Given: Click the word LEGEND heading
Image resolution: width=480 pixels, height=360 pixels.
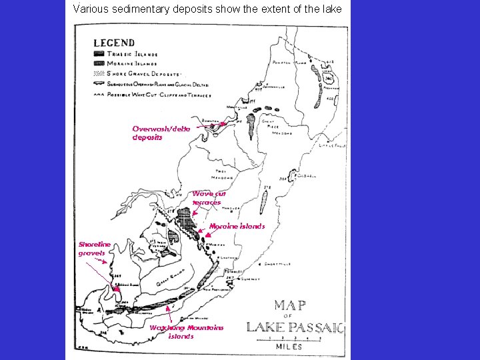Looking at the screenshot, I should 114,43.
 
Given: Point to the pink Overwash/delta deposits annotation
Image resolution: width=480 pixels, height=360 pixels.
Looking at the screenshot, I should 161,133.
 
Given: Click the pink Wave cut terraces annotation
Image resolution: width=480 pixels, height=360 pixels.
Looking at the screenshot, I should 209,198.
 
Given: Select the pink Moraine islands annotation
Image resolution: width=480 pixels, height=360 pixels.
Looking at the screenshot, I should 237,226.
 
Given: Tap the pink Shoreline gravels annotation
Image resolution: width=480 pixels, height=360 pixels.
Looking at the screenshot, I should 94,249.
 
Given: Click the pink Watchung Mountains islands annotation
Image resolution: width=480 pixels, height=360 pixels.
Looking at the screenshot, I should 186,331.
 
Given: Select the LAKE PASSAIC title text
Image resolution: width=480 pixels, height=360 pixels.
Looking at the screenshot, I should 295,327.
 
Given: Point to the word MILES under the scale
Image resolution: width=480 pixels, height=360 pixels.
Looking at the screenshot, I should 291,347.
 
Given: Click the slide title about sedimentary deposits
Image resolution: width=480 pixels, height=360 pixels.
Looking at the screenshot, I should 207,9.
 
